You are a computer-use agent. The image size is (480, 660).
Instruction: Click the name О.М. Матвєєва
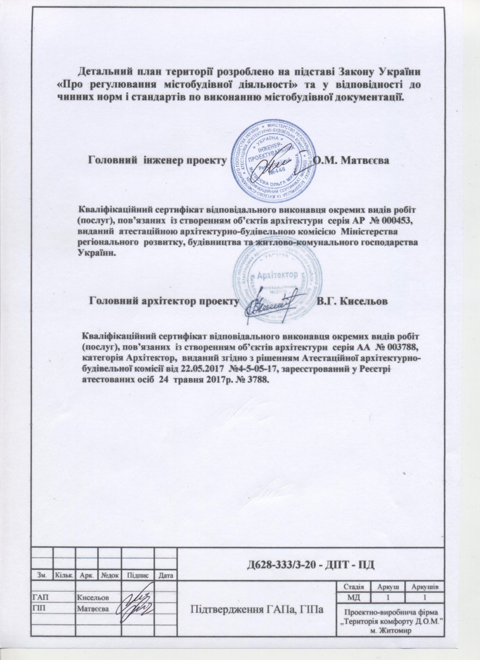click(x=352, y=161)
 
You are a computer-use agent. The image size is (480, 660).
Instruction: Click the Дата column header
click(x=166, y=575)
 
